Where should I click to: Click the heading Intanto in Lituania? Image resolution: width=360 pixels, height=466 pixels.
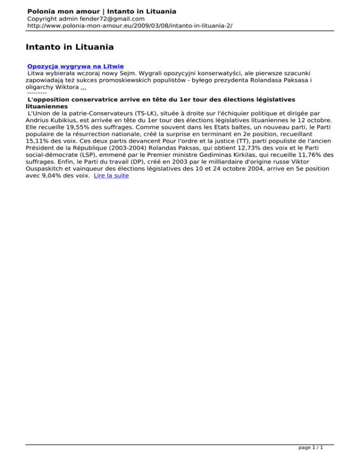(69, 47)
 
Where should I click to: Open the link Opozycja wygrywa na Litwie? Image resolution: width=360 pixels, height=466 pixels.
(75, 67)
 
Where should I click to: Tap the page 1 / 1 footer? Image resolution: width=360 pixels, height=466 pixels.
(310, 447)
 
